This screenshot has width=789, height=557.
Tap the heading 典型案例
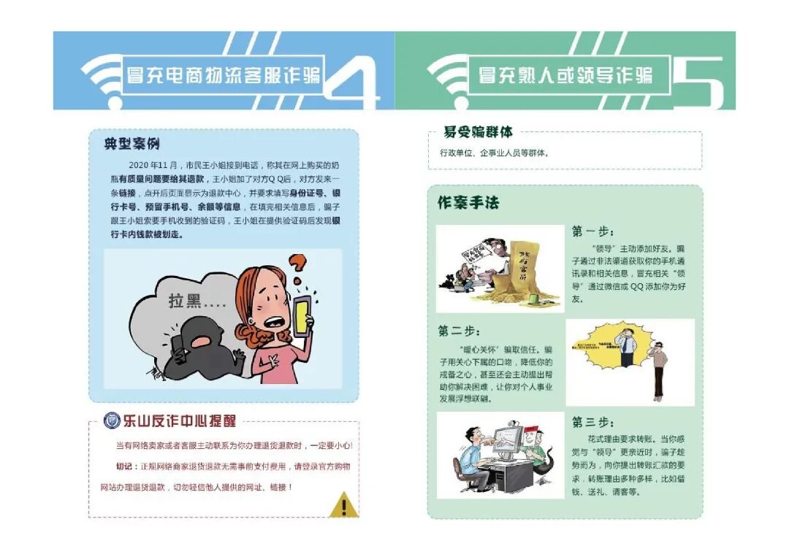click(131, 144)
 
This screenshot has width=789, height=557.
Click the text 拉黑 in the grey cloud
click(186, 300)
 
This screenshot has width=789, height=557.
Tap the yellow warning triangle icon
click(343, 504)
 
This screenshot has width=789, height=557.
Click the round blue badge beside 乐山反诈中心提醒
click(112, 420)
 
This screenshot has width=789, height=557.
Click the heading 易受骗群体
click(478, 132)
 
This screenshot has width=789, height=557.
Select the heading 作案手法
click(468, 203)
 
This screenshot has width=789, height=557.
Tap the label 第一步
click(592, 231)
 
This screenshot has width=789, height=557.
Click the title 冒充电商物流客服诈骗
click(224, 74)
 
